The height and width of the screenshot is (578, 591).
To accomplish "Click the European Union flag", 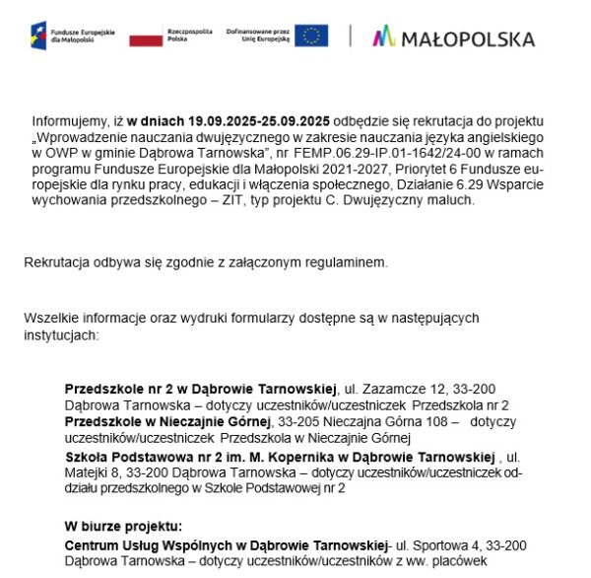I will pos(312,36).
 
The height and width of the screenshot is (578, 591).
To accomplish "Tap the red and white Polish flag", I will pos(146,37).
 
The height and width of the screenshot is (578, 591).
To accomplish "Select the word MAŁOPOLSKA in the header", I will pos(469,38).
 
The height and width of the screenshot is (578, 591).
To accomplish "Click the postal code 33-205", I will pos(310,420).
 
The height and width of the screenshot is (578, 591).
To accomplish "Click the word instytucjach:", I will pos(64,335).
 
